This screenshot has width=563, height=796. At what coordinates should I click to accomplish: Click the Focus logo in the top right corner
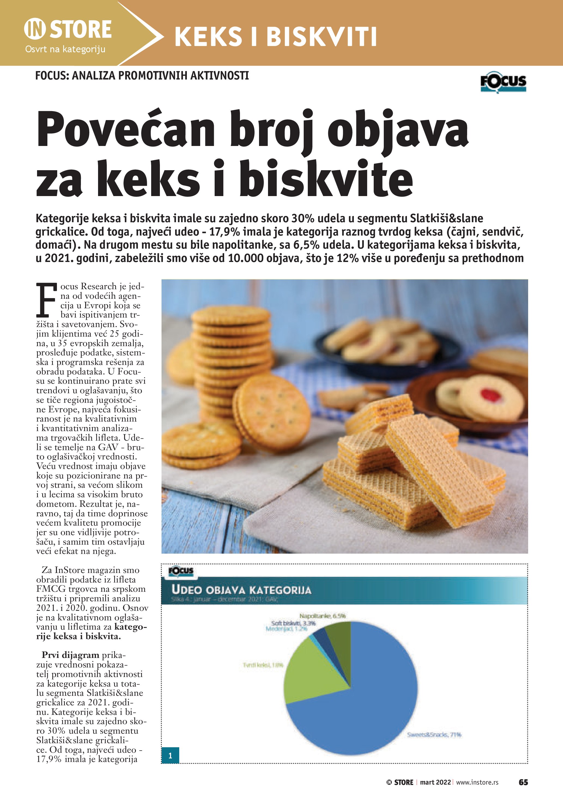[x=503, y=82]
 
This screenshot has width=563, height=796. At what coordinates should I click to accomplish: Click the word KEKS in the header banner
[x=208, y=37]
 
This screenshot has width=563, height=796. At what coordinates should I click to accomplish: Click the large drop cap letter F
[x=46, y=300]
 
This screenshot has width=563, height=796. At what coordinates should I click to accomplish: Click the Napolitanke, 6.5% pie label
[x=322, y=616]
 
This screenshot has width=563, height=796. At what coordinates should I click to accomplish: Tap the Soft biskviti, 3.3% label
[x=293, y=623]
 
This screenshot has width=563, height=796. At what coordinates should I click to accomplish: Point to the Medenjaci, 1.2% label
[x=286, y=629]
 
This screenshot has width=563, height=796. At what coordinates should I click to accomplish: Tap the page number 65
[x=523, y=782]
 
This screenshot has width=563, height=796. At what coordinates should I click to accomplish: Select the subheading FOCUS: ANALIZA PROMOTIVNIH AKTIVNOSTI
[x=142, y=76]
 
